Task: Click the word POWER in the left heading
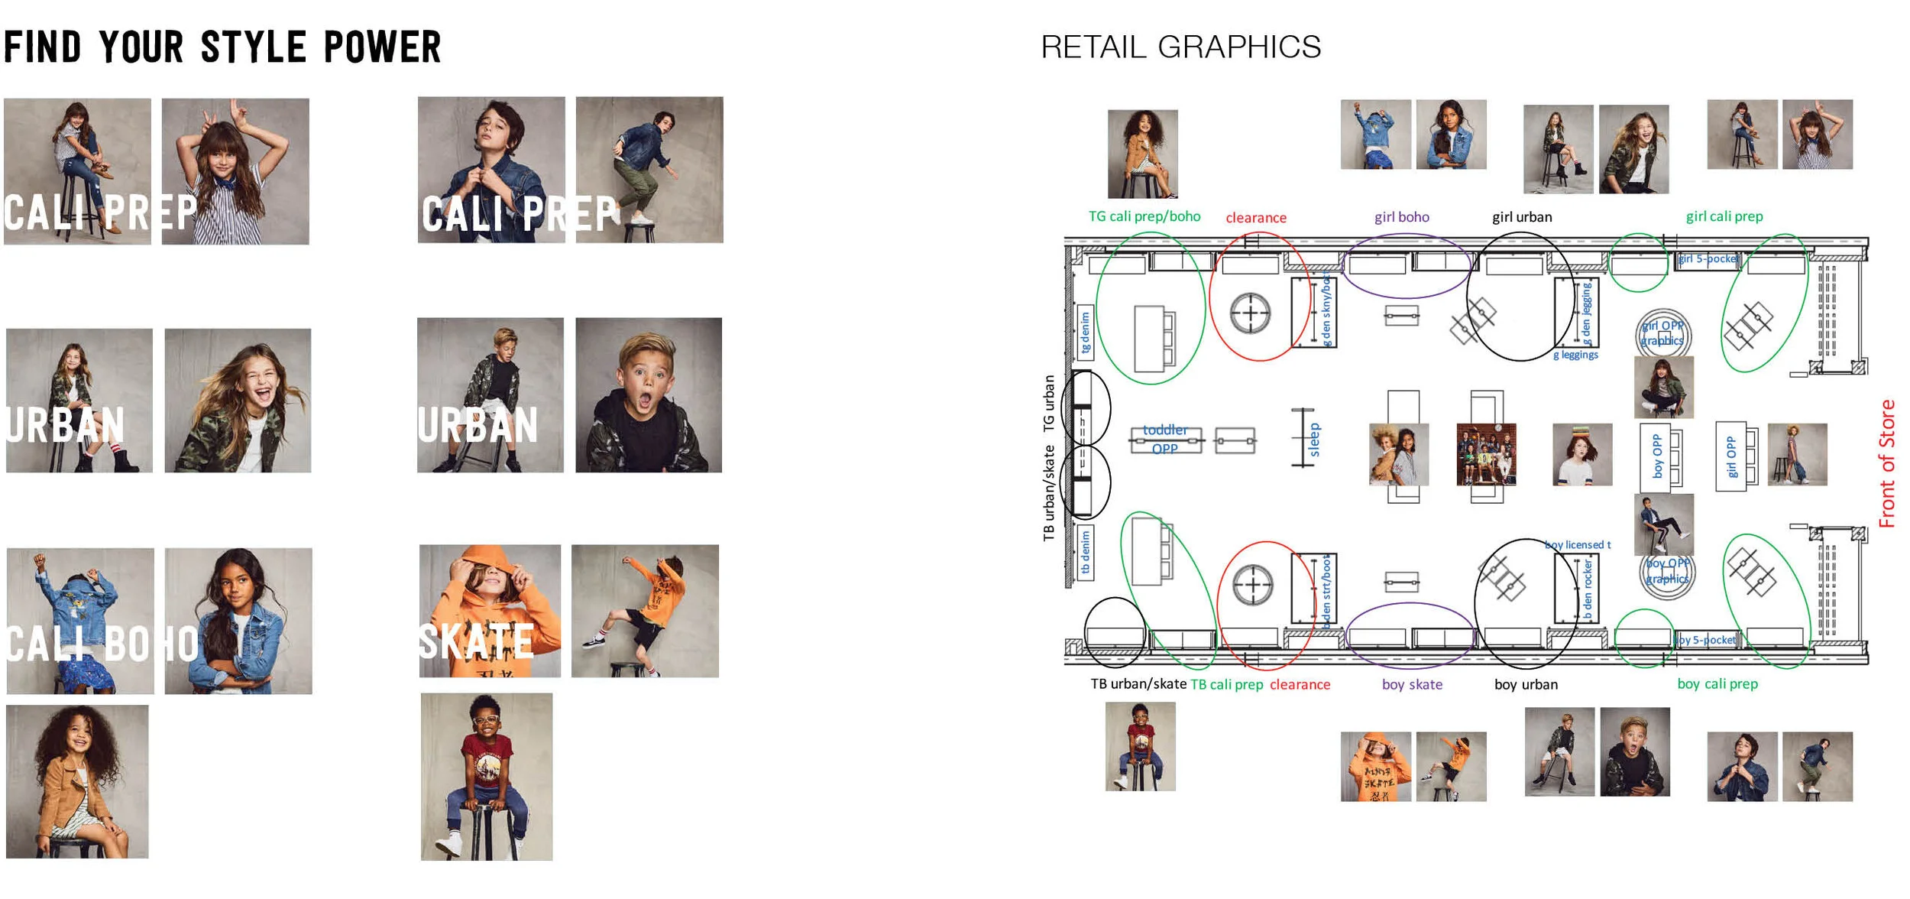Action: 382,47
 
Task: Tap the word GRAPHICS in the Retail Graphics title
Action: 1239,47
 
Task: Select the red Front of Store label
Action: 1886,463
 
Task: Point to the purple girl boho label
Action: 1401,217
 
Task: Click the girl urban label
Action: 1522,217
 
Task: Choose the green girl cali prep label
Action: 1724,216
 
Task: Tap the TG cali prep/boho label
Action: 1144,216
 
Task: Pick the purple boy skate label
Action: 1412,684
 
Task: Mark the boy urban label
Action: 1526,684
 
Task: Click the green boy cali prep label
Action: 1717,683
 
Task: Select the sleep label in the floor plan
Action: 1314,440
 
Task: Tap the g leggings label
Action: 1575,355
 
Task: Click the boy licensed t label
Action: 1577,544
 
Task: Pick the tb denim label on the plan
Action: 1085,553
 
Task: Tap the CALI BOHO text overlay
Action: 102,644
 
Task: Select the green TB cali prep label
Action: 1226,684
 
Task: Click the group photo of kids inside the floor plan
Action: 1486,455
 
